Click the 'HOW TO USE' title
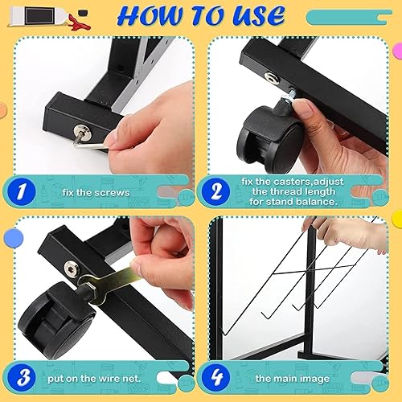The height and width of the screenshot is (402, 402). [201, 16]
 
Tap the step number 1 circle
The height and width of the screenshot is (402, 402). [22, 192]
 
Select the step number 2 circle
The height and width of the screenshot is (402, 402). [216, 192]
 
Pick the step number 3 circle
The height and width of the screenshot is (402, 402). [22, 377]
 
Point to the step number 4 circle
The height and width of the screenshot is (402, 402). [216, 377]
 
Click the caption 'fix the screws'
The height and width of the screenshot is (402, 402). [96, 192]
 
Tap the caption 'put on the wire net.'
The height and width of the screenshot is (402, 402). [94, 379]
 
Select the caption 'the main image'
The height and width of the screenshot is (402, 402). [293, 379]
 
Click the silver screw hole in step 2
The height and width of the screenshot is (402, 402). [272, 77]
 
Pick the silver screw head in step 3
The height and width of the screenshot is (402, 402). [72, 268]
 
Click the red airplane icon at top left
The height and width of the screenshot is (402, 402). [78, 22]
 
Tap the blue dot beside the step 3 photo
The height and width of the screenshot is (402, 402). [14, 238]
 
